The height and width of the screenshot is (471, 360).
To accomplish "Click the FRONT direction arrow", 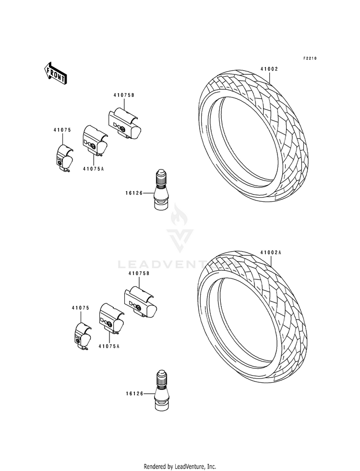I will (x=55, y=73).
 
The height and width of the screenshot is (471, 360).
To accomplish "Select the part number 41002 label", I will (x=269, y=69).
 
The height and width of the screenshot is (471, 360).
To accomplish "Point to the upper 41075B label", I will (x=124, y=95).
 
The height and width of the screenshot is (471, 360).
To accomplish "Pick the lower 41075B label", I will (x=139, y=273).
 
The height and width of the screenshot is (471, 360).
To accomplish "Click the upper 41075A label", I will (x=93, y=168).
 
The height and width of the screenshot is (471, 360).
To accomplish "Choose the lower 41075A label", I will (x=108, y=346).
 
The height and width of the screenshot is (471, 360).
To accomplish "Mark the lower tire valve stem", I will (x=161, y=391).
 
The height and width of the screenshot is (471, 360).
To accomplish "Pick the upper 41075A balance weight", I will (x=95, y=141).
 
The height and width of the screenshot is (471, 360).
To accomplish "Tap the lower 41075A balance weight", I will (x=110, y=318).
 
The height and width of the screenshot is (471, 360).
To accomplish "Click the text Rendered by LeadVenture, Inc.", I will (x=180, y=466).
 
